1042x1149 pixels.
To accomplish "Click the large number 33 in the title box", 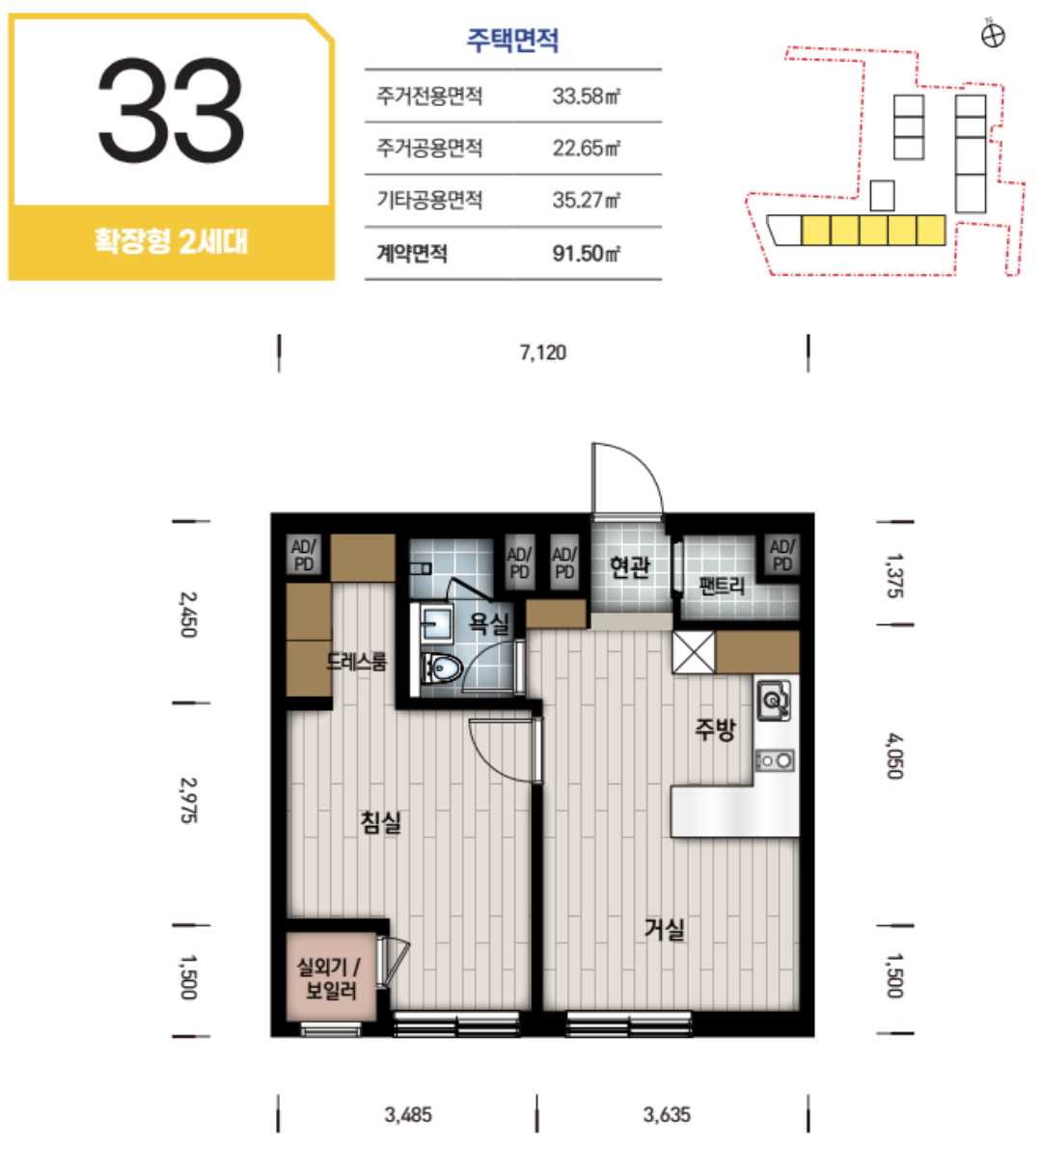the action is pos(171,111).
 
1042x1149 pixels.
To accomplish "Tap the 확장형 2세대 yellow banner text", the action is pos(171,241).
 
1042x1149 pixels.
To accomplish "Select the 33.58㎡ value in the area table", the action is pos(587,96).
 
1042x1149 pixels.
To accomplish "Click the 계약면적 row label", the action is pos(412,254).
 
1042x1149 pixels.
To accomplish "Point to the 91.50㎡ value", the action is pos(587,254).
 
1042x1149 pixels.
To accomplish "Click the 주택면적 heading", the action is pos(513,40).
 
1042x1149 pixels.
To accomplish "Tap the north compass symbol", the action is pos(993,35).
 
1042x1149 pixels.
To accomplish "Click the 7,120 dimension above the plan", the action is pos(543,352).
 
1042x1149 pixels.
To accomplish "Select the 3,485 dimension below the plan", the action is pos(408,1114).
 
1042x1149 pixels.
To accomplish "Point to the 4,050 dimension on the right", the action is pos(894,756).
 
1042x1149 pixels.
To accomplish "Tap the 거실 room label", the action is pos(665,928).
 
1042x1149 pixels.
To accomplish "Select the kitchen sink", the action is pos(773,700).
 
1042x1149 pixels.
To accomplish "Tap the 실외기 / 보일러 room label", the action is pos(329,979).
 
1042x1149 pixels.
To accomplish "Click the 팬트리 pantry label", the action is pos(722,587).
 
